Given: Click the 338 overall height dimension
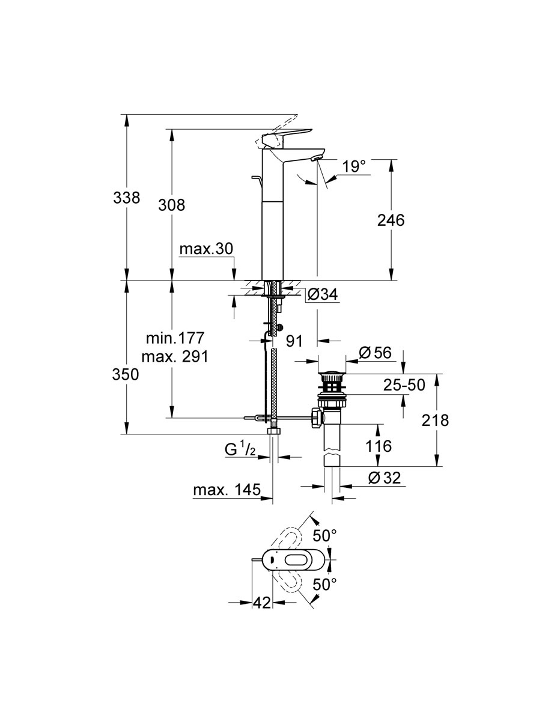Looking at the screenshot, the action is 127,198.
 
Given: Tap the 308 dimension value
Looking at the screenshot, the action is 171,205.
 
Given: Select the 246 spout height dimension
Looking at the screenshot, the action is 391,220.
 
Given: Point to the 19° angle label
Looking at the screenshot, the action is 354,166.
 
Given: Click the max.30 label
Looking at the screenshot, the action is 206,249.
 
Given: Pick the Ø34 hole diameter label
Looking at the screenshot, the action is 323,294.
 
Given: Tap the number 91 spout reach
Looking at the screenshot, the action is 294,341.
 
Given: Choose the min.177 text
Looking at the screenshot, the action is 175,338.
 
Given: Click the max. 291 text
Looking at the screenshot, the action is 175,357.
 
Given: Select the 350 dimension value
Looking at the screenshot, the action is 126,374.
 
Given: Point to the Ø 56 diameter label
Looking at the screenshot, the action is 375,353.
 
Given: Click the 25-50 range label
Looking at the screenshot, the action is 404,385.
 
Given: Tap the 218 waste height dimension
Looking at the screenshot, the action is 435,420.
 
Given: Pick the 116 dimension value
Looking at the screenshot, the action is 379,446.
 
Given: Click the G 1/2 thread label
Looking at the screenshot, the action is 240,449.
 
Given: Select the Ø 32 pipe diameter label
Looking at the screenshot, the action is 385,478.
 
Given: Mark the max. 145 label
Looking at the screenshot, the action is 227,490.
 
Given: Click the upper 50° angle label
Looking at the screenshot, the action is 324,536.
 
